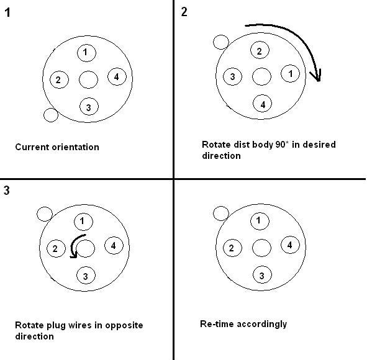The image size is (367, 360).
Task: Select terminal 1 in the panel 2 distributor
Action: [290, 73]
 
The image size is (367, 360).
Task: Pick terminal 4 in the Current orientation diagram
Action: [117, 77]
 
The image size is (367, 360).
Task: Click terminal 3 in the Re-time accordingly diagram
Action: [262, 276]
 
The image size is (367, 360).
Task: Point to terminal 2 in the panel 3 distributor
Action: [56, 248]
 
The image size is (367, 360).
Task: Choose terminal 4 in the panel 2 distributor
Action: [263, 104]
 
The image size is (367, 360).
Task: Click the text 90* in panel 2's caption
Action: [281, 145]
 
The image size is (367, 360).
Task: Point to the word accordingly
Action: [262, 325]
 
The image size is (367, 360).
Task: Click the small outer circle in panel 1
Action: [51, 115]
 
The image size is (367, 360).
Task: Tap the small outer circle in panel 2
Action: [221, 42]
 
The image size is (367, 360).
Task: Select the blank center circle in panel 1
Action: [88, 80]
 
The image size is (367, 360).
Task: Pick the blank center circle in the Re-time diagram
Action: [261, 248]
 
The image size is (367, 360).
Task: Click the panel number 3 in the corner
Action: [7, 190]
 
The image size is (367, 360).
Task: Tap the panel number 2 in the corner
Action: [184, 12]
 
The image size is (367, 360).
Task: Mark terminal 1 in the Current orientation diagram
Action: [86, 52]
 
